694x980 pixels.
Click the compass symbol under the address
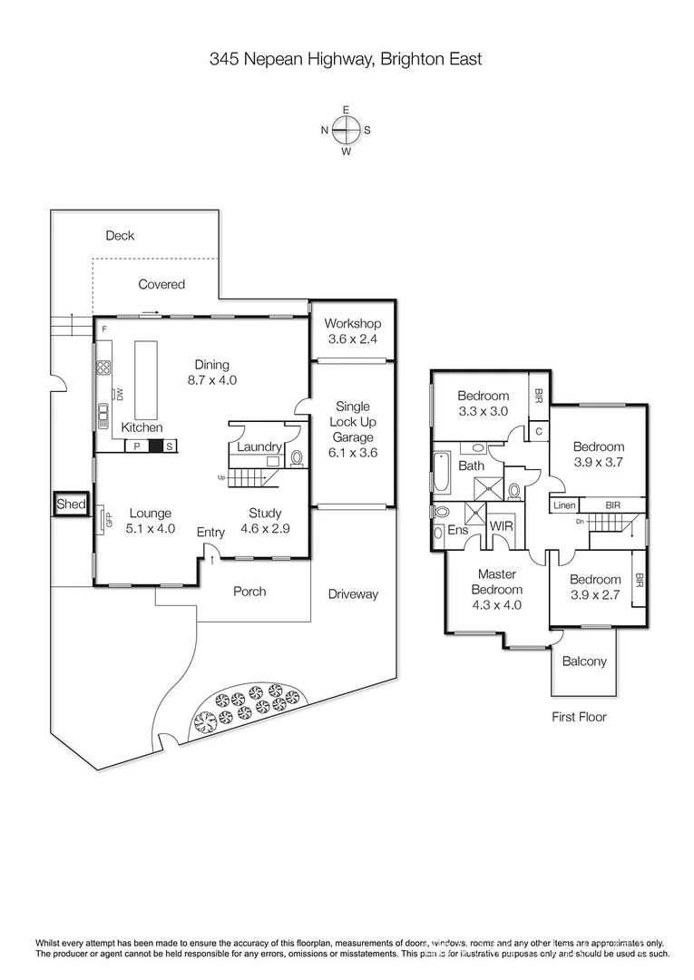[x=346, y=130]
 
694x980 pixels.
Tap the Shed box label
[x=71, y=505]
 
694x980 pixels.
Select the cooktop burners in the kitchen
[x=103, y=368]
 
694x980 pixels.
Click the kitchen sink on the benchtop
[x=102, y=414]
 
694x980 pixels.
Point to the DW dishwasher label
[x=118, y=394]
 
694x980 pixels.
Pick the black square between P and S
[x=155, y=446]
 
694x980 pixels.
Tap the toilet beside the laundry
[x=296, y=459]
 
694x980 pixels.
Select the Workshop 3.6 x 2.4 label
[x=352, y=331]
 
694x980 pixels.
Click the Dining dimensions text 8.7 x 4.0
[x=212, y=380]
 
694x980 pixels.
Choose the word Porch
[x=249, y=592]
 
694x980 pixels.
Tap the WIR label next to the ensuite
[x=502, y=526]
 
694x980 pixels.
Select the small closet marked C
[x=538, y=431]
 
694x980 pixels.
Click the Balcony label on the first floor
[x=584, y=661]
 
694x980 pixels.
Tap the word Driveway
[x=353, y=594]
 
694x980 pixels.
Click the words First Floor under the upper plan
[x=579, y=717]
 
